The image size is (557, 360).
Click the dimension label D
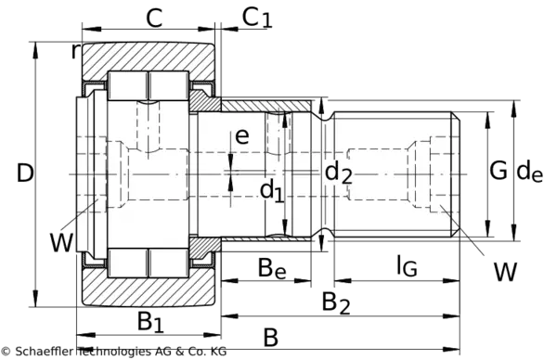(x=25, y=174)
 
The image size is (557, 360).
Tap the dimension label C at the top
(x=154, y=18)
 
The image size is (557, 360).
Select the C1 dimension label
(x=257, y=18)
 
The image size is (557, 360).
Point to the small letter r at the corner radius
(x=74, y=51)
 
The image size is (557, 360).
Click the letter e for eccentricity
(x=242, y=136)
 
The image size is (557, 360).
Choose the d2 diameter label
(x=338, y=173)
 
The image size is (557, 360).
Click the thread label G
(x=498, y=171)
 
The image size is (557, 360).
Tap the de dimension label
(x=529, y=172)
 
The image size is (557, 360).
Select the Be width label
(x=272, y=269)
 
